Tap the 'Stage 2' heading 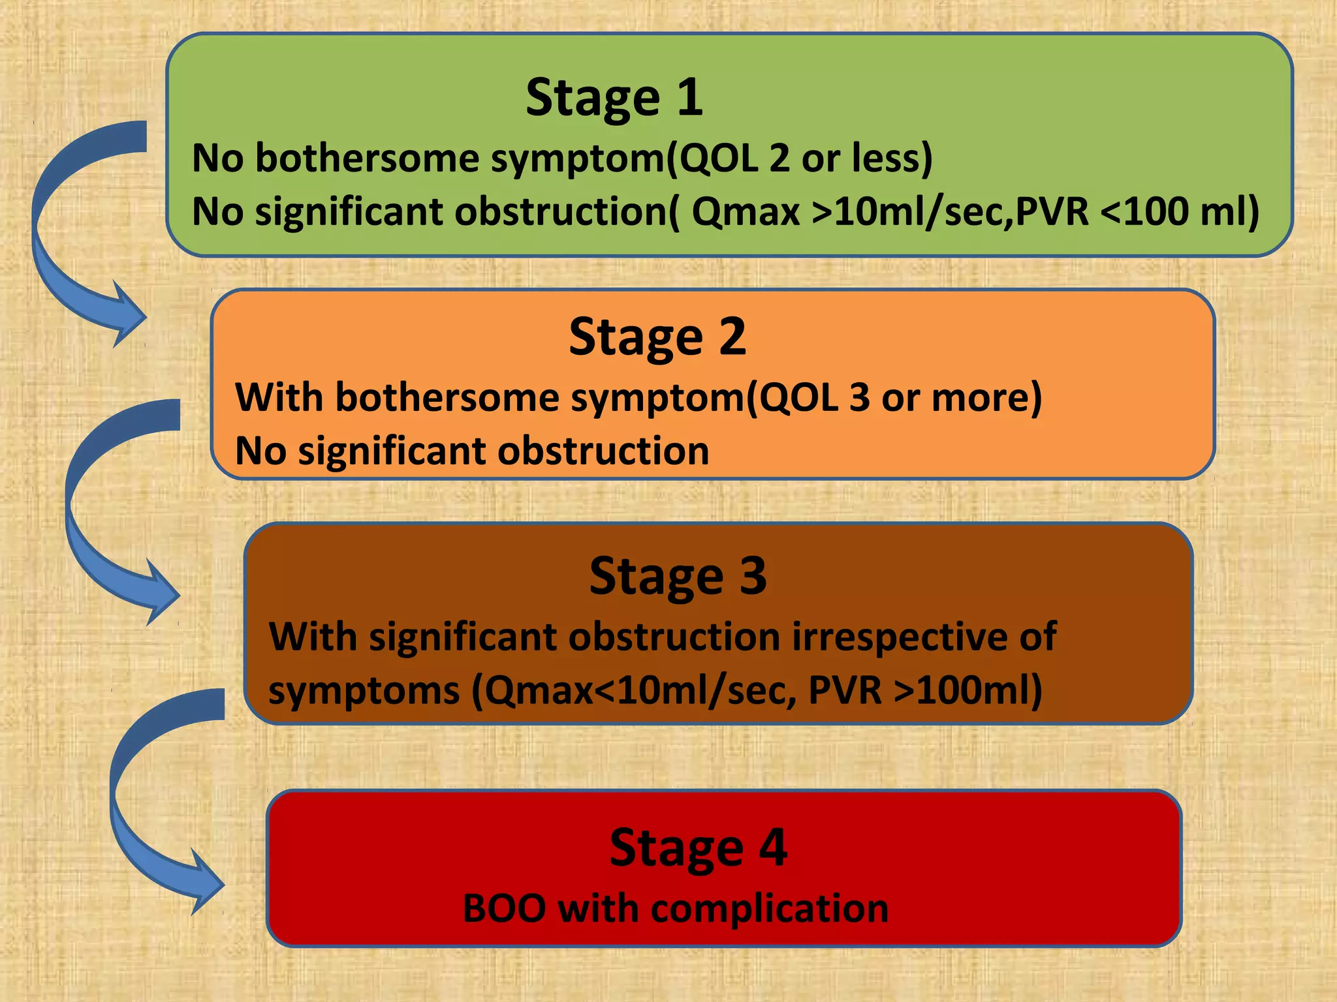pyautogui.click(x=657, y=337)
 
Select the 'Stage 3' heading pyautogui.click(x=678, y=576)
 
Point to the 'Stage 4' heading pyautogui.click(x=698, y=847)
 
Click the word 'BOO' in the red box pyautogui.click(x=504, y=908)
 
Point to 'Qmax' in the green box pyautogui.click(x=746, y=212)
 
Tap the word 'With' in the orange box pyautogui.click(x=279, y=397)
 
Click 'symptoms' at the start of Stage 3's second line pyautogui.click(x=364, y=691)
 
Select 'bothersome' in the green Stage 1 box pyautogui.click(x=367, y=159)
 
